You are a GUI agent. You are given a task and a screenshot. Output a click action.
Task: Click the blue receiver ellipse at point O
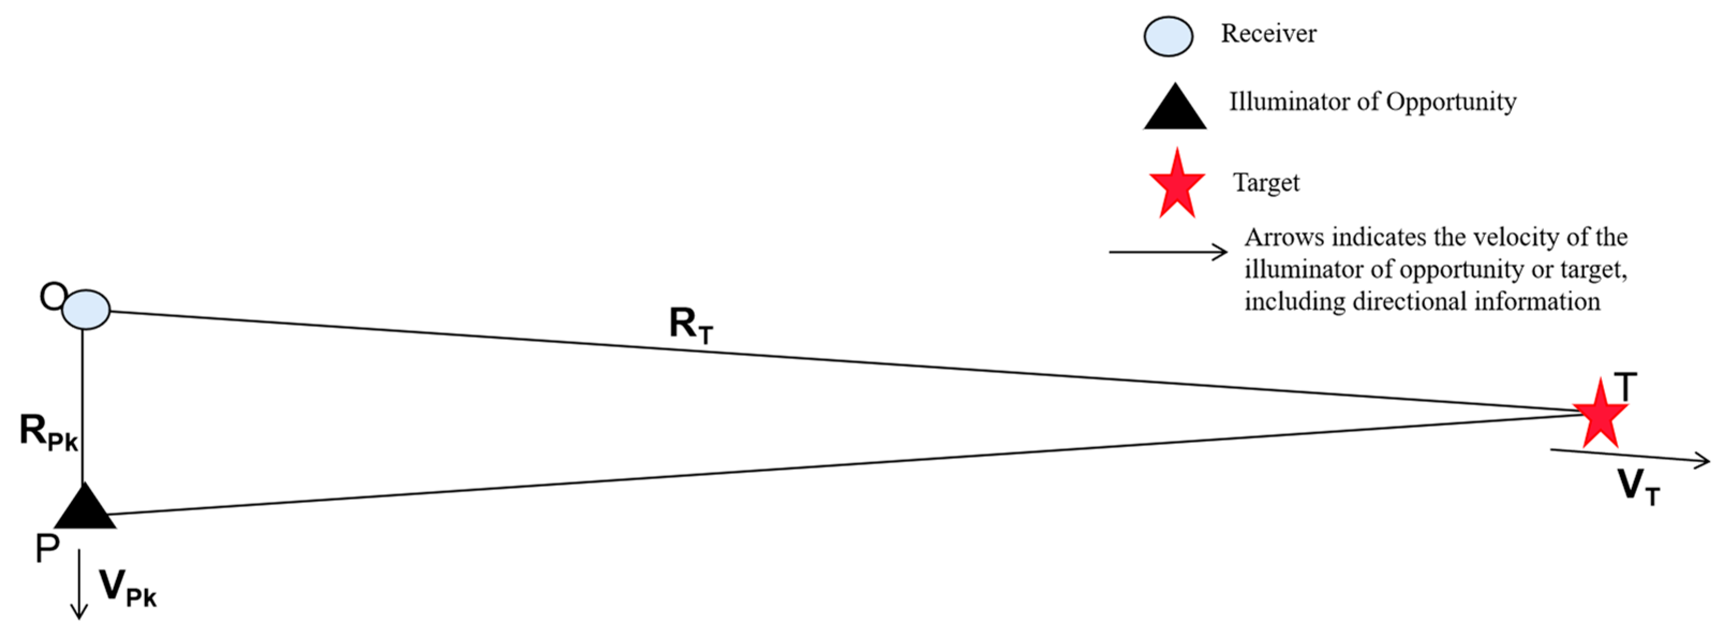click(86, 309)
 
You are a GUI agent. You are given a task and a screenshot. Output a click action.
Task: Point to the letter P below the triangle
click(47, 550)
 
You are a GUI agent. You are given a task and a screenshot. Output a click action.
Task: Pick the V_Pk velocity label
click(127, 588)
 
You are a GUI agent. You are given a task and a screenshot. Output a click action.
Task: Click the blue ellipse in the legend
click(1168, 36)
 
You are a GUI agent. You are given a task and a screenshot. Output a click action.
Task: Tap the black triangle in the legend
click(1175, 108)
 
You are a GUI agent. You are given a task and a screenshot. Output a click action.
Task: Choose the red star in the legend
click(1177, 184)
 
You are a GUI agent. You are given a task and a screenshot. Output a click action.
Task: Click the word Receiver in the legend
click(1268, 33)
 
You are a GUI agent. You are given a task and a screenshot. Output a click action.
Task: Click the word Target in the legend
click(1266, 182)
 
